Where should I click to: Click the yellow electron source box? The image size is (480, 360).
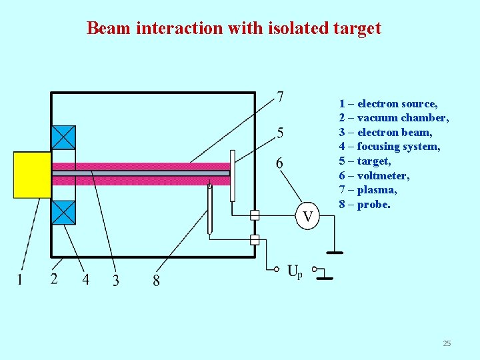[x=32, y=175]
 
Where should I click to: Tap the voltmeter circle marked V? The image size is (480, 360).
[x=308, y=216]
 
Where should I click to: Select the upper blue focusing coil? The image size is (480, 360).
[x=63, y=137]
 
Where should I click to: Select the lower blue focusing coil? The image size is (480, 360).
[x=63, y=213]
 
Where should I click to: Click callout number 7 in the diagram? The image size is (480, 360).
[x=280, y=97]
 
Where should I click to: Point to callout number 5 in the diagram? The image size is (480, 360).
[x=280, y=132]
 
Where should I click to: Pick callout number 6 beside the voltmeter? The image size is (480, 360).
[x=279, y=163]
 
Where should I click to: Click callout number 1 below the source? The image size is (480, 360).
[x=19, y=279]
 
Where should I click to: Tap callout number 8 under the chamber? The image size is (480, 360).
[x=156, y=280]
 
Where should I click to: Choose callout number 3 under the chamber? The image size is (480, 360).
[x=116, y=280]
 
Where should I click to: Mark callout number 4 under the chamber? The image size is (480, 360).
[x=85, y=279]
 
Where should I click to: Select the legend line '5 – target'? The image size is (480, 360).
[x=365, y=161]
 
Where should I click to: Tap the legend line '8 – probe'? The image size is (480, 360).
[x=365, y=204]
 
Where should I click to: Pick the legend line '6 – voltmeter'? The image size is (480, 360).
[x=374, y=175]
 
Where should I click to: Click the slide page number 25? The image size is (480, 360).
[x=447, y=343]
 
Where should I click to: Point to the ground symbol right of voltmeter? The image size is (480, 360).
[x=334, y=252]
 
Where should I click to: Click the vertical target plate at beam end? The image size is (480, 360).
[x=233, y=175]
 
